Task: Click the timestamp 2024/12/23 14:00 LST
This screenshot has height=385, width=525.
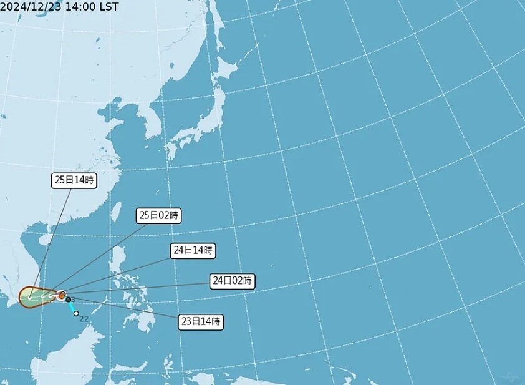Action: (59, 7)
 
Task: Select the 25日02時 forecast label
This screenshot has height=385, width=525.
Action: (159, 216)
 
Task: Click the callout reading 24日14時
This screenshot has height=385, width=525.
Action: (193, 251)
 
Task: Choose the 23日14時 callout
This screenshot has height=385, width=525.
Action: (201, 322)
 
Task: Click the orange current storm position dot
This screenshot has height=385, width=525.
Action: (62, 295)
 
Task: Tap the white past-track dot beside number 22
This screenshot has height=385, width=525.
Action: (76, 314)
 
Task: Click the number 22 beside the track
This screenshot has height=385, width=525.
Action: (84, 319)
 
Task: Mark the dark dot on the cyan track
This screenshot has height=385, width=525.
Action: (69, 300)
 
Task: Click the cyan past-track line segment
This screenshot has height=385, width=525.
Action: (72, 307)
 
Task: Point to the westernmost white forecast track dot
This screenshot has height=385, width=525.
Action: (29, 298)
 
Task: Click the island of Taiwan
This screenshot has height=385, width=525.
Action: (115, 212)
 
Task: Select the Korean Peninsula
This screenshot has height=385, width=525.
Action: (150, 122)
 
